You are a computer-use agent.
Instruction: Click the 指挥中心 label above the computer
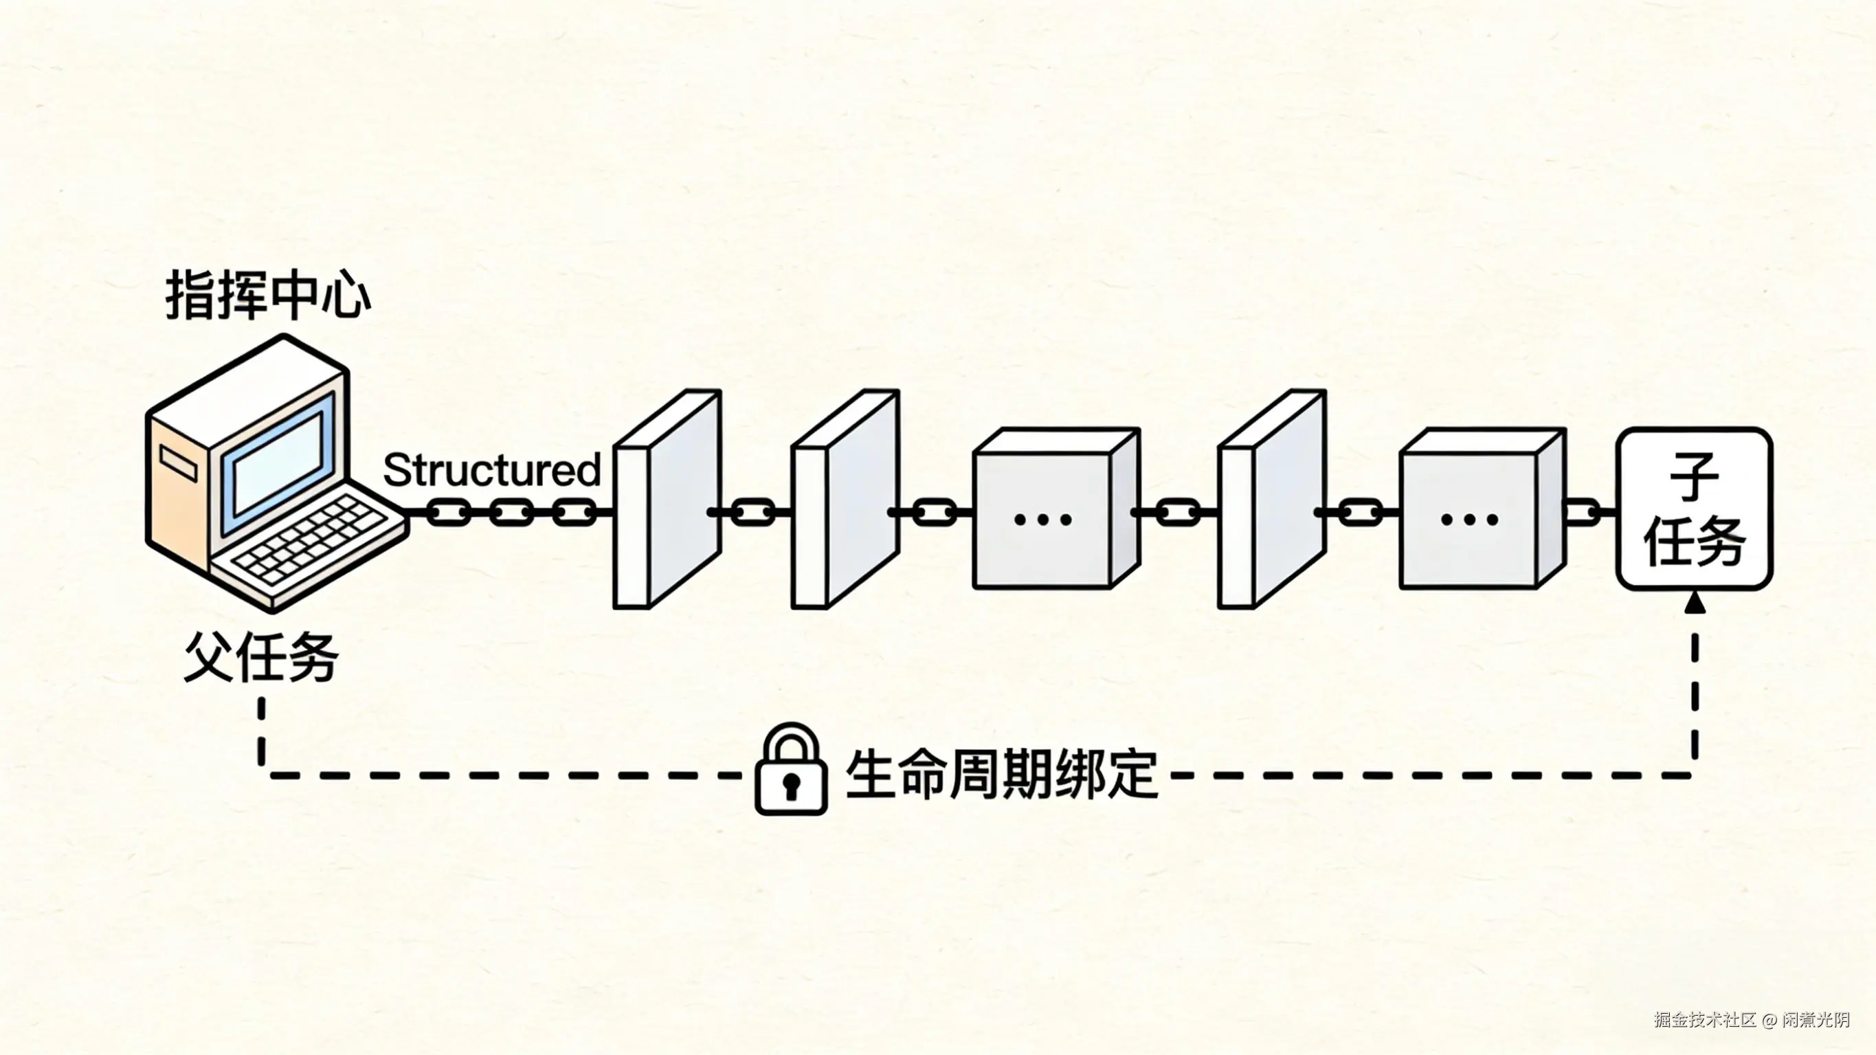click(x=269, y=295)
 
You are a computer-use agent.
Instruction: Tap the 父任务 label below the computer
click(x=261, y=657)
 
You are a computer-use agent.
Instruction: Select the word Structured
click(x=491, y=470)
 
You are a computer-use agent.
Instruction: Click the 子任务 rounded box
click(x=1695, y=509)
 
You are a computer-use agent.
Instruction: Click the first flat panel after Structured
click(x=667, y=499)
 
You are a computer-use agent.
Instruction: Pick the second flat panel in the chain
click(x=845, y=499)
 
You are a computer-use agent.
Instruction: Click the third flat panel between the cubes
click(x=1271, y=499)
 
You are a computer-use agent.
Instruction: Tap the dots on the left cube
click(x=1043, y=520)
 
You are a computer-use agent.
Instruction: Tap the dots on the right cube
click(x=1469, y=520)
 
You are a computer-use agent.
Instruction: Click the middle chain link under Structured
click(x=511, y=513)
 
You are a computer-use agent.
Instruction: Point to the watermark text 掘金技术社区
click(x=1704, y=1019)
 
